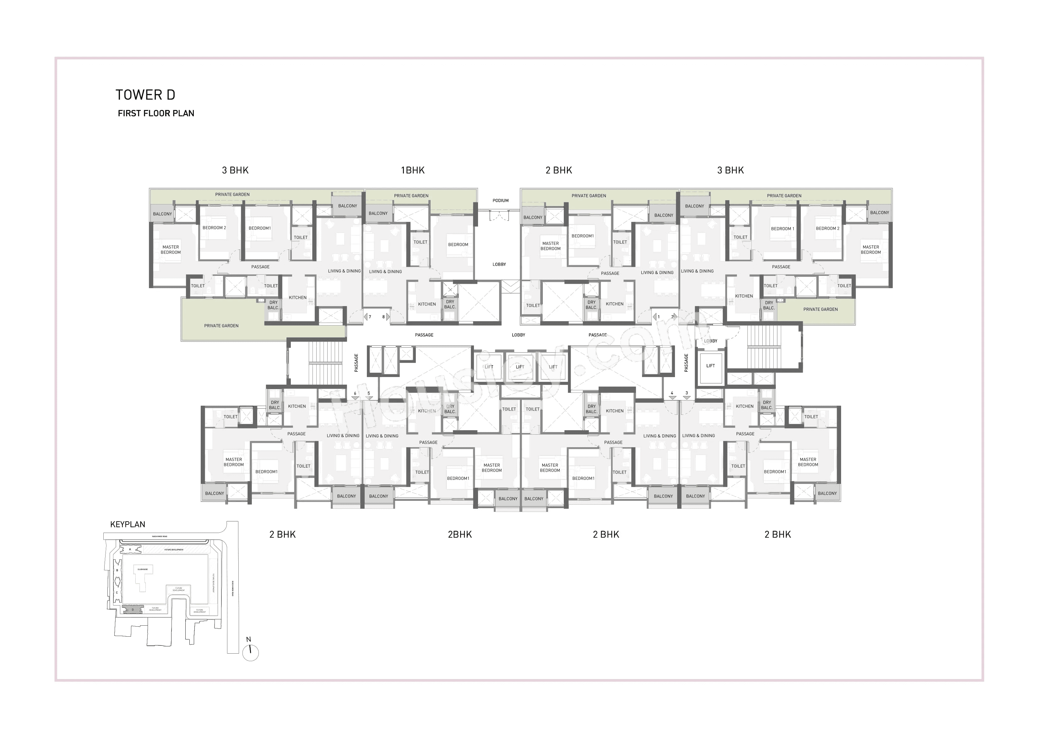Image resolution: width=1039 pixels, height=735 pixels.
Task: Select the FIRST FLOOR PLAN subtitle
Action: [x=156, y=113]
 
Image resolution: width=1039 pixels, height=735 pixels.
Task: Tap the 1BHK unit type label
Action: [x=412, y=170]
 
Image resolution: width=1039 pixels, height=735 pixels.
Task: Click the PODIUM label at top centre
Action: [x=500, y=200]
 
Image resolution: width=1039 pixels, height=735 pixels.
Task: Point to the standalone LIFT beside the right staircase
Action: [x=710, y=366]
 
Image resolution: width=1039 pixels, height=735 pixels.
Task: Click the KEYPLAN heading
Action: [x=128, y=524]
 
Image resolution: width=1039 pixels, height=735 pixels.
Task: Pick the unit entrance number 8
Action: [x=383, y=317]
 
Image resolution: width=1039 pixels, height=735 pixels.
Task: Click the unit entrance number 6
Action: [x=355, y=393]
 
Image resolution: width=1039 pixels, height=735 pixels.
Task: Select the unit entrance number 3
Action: [x=687, y=393]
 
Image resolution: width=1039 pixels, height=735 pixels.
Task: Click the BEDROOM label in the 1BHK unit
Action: [x=458, y=244]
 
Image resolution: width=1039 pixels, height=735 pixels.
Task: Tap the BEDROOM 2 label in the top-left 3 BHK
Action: [x=214, y=228]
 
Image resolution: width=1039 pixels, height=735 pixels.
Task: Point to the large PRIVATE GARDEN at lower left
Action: [x=221, y=326]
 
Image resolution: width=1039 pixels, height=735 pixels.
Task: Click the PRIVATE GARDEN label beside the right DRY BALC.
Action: [x=820, y=309]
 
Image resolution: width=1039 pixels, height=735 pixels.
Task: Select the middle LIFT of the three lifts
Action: [x=520, y=367]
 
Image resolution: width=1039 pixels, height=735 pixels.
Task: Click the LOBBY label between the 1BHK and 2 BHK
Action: [x=499, y=265]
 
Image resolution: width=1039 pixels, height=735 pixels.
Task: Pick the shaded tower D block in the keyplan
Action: [x=133, y=610]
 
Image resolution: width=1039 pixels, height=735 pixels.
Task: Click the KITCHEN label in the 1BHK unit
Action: [x=427, y=304]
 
